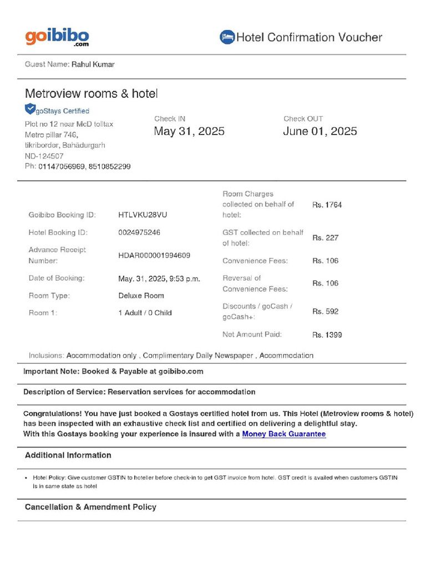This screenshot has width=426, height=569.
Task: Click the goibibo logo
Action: (57, 37)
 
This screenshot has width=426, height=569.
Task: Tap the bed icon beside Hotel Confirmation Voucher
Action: (227, 37)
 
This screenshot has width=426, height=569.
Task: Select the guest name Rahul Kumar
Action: (93, 64)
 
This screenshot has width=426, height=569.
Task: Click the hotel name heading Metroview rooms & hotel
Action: (92, 93)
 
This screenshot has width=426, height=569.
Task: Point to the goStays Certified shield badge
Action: (30, 109)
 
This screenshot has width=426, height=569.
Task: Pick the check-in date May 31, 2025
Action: (189, 131)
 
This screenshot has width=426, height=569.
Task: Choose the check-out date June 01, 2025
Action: (320, 131)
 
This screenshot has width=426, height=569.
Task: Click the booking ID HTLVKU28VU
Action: (143, 215)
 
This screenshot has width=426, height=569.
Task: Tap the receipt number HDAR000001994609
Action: (154, 255)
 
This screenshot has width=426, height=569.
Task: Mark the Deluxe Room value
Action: (141, 296)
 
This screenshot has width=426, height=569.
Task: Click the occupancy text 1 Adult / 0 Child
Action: (145, 313)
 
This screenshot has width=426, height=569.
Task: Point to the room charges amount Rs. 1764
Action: (327, 204)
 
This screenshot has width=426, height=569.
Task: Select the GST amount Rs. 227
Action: (325, 238)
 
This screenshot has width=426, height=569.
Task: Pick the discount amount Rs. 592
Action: (325, 311)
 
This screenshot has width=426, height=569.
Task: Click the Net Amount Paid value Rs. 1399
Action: (327, 335)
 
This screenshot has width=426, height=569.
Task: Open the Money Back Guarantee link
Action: (284, 434)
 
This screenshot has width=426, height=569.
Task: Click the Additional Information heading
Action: (68, 455)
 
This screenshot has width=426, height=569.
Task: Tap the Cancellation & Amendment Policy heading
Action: (90, 507)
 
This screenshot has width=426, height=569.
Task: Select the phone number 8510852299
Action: (111, 166)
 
